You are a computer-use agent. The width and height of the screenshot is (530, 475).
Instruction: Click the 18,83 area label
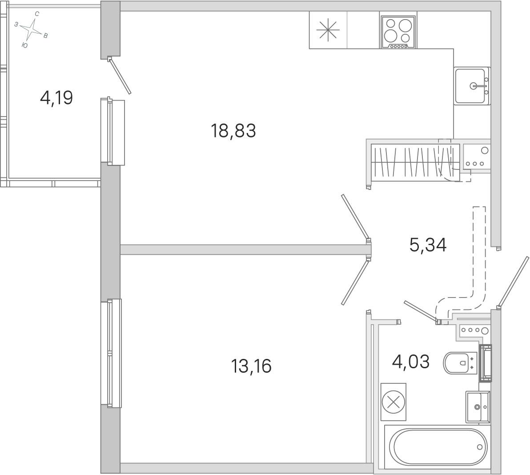[233, 131]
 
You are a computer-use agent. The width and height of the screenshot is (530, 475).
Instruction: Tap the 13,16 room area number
[251, 366]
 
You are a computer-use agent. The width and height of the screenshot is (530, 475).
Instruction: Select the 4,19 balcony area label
[56, 98]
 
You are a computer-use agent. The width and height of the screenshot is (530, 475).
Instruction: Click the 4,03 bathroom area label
[411, 362]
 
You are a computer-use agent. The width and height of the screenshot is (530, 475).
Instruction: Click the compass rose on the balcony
[32, 30]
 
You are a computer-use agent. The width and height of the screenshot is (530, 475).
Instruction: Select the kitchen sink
[472, 86]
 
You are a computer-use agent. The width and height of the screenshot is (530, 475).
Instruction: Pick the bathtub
[438, 447]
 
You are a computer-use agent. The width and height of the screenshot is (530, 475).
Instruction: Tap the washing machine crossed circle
[393, 402]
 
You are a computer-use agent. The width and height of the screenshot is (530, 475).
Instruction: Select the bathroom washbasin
[478, 407]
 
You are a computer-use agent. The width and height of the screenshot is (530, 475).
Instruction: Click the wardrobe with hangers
[415, 161]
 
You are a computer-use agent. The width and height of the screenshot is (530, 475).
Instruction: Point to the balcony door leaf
[119, 76]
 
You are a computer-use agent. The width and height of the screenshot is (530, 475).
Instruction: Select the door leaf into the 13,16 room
[355, 282]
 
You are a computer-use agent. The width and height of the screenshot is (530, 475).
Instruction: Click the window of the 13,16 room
[111, 353]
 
